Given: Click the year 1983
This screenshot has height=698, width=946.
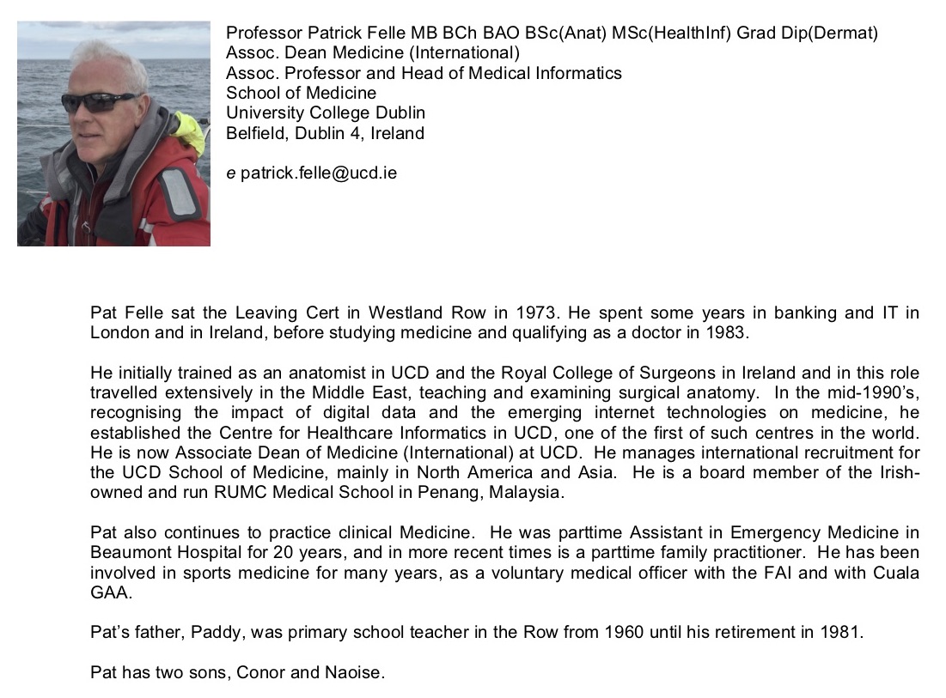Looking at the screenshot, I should [729, 332].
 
